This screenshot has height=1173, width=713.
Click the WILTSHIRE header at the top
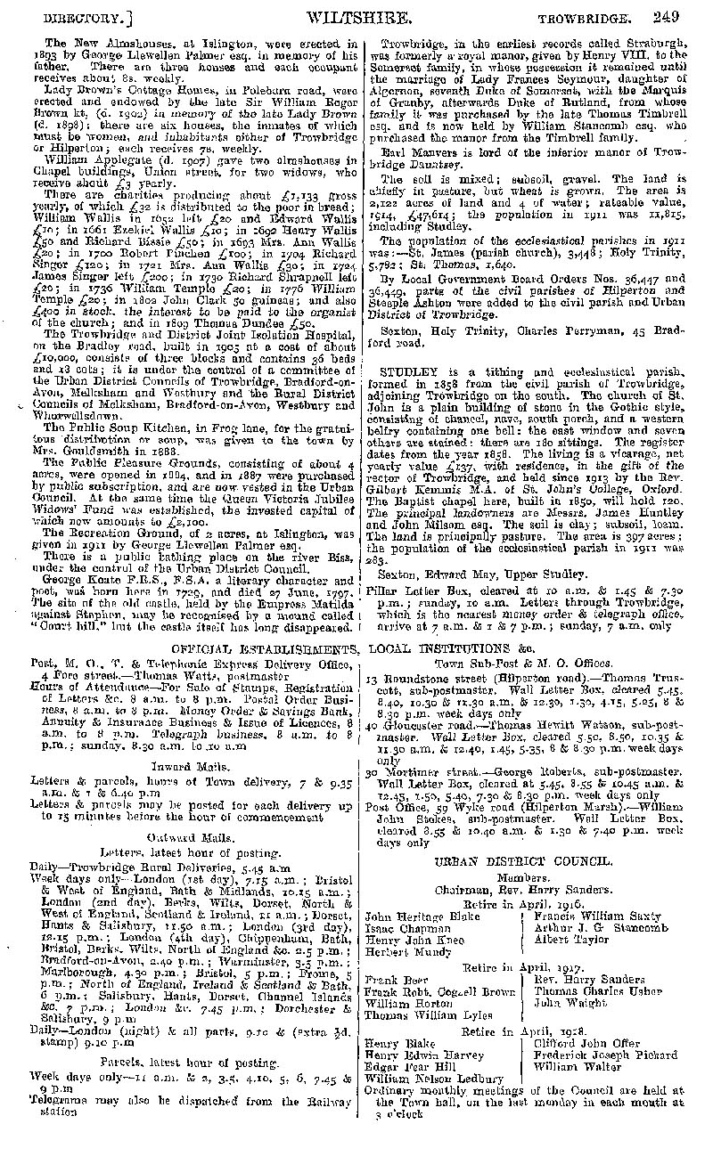coord(358,16)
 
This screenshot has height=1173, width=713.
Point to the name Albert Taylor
coord(570,939)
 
